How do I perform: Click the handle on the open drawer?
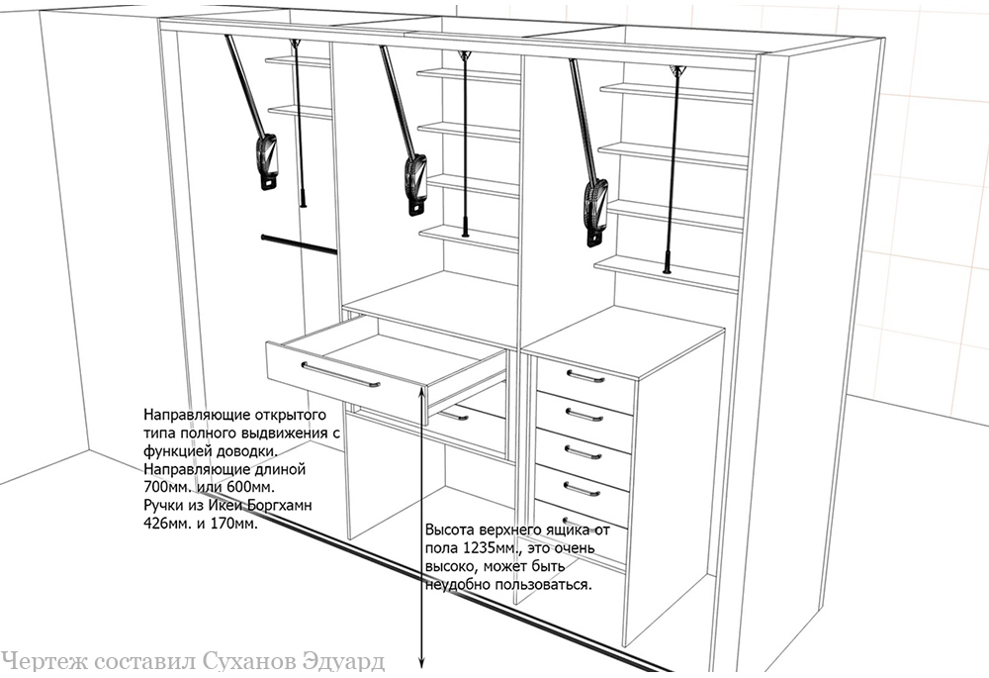(x=340, y=375)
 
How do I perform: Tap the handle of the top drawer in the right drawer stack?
(x=585, y=377)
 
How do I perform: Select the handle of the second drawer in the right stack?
(x=584, y=415)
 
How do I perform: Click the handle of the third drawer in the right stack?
(x=583, y=452)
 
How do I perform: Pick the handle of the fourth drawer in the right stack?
(x=582, y=489)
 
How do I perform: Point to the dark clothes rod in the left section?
(x=299, y=244)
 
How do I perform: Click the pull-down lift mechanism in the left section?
(x=252, y=113)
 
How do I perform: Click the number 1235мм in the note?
(x=486, y=547)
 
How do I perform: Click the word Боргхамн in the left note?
(x=280, y=507)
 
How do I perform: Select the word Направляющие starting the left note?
(x=188, y=416)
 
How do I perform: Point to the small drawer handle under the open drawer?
(x=454, y=416)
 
